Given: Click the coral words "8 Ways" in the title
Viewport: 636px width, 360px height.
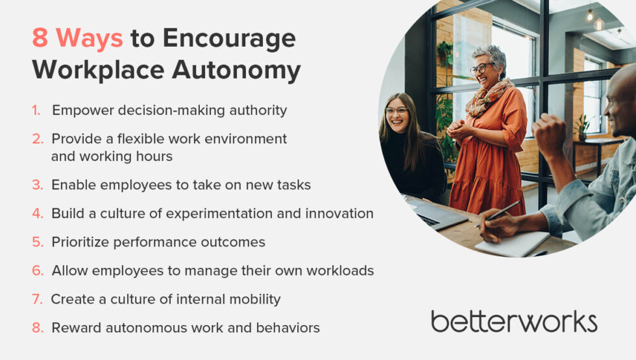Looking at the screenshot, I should click(x=77, y=39).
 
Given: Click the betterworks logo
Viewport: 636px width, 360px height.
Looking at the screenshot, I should click(x=514, y=321).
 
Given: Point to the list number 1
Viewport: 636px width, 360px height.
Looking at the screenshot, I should click(x=36, y=110).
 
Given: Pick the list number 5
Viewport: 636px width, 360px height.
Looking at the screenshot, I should click(x=38, y=242).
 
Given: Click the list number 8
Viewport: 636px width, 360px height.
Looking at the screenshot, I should click(x=38, y=328).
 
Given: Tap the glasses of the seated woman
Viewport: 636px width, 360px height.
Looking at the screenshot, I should click(x=397, y=111).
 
